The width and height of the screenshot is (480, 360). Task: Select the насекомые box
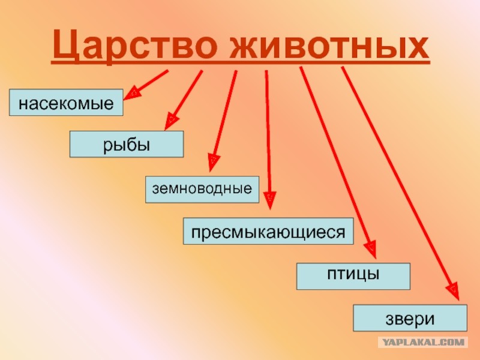point(66,103)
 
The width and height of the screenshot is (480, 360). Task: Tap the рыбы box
point(127,144)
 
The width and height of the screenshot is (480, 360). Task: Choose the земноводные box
point(202,190)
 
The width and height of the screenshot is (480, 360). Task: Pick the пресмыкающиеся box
point(268,231)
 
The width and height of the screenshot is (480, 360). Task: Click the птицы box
point(353,276)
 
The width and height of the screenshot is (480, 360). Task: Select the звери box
point(410,318)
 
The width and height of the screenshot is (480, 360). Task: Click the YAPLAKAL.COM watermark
point(424,342)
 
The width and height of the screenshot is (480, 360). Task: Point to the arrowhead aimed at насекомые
point(131,93)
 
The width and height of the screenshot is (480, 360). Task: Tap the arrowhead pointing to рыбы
point(171,121)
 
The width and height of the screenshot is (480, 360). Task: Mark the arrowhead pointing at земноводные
point(213,162)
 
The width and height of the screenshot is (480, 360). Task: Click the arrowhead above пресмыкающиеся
point(269,200)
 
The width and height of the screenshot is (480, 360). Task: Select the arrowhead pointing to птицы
point(371,249)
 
